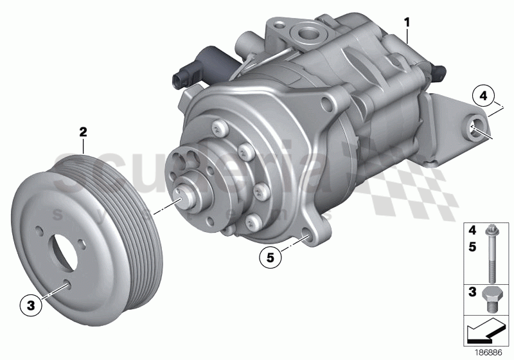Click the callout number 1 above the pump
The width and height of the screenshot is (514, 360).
coord(407,22)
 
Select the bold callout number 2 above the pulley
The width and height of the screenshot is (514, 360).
coord(82,132)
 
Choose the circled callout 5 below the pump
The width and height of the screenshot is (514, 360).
coord(270,257)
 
